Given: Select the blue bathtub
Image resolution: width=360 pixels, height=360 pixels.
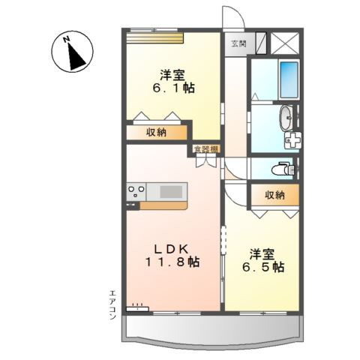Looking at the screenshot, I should [x=289, y=79].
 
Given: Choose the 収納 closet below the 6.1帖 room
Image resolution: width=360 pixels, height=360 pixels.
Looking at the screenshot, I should [x=155, y=132].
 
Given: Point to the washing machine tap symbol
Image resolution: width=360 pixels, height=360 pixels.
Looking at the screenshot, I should [x=294, y=140].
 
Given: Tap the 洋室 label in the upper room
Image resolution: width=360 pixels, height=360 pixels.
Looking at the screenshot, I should [x=171, y=74].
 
